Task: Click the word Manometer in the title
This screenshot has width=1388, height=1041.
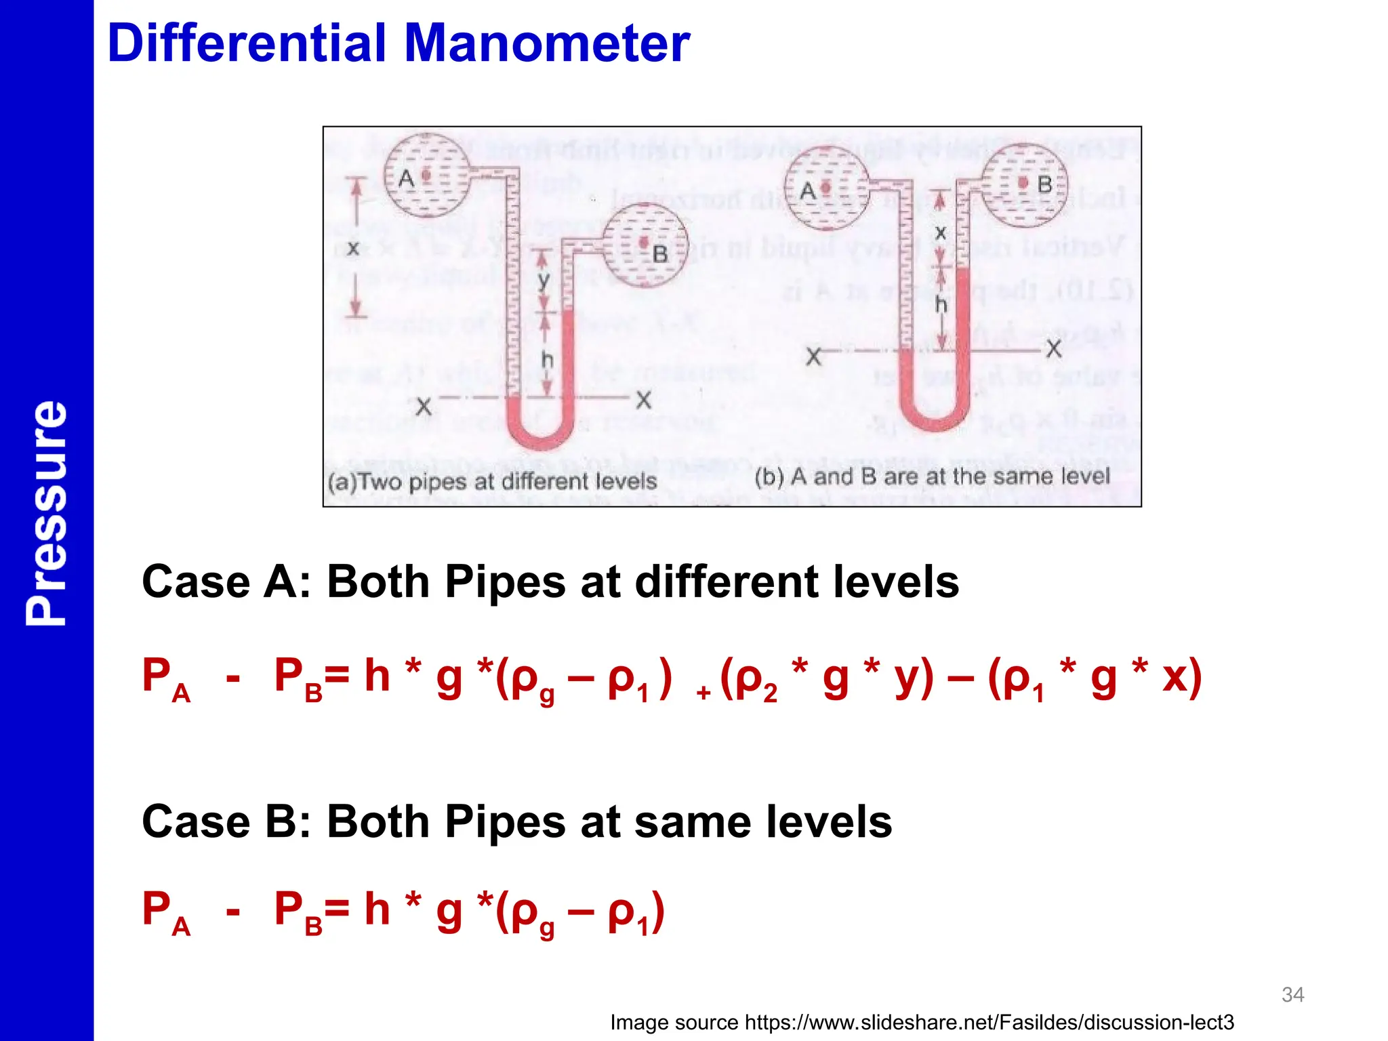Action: (547, 43)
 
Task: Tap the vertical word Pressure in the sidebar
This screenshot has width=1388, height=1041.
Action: (46, 512)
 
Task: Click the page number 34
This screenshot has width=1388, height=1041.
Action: (1292, 994)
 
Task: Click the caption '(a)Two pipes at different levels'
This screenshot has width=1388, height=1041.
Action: (493, 482)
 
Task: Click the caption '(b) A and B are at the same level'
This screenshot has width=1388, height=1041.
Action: (932, 476)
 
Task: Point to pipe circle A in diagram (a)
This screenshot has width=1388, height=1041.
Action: (426, 176)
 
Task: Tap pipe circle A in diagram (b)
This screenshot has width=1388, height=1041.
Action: (826, 188)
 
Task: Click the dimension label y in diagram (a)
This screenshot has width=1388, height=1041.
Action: (543, 280)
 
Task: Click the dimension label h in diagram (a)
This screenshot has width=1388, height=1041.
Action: (547, 360)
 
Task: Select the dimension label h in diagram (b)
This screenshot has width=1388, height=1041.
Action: (941, 304)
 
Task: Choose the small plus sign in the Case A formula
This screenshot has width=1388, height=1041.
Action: (703, 693)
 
